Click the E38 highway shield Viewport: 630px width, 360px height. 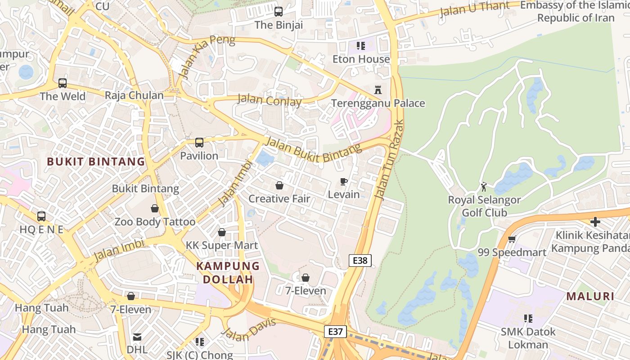pyautogui.click(x=360, y=260)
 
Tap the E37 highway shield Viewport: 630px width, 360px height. pyautogui.click(x=335, y=332)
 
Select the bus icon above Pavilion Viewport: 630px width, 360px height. pyautogui.click(x=199, y=143)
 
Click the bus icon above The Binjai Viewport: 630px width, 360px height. pyautogui.click(x=279, y=12)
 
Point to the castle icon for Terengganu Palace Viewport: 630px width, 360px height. pyautogui.click(x=378, y=90)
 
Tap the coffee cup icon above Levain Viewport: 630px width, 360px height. pyautogui.click(x=344, y=181)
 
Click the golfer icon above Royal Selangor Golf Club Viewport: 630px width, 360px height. pyautogui.click(x=484, y=186)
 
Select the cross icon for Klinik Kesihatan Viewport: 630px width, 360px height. pyautogui.click(x=595, y=222)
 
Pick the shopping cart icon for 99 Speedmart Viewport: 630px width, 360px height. pyautogui.click(x=512, y=239)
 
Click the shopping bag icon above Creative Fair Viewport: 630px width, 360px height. pyautogui.click(x=279, y=185)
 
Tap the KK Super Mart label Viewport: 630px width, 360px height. pyautogui.click(x=222, y=245)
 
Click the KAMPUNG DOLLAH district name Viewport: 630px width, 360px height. pyautogui.click(x=228, y=273)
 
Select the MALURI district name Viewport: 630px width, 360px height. pyautogui.click(x=590, y=296)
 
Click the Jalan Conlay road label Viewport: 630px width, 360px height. pyautogui.click(x=269, y=100)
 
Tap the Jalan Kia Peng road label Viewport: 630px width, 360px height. pyautogui.click(x=207, y=56)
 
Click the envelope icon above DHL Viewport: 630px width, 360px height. pyautogui.click(x=137, y=337)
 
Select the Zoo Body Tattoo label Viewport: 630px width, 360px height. pyautogui.click(x=155, y=222)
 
